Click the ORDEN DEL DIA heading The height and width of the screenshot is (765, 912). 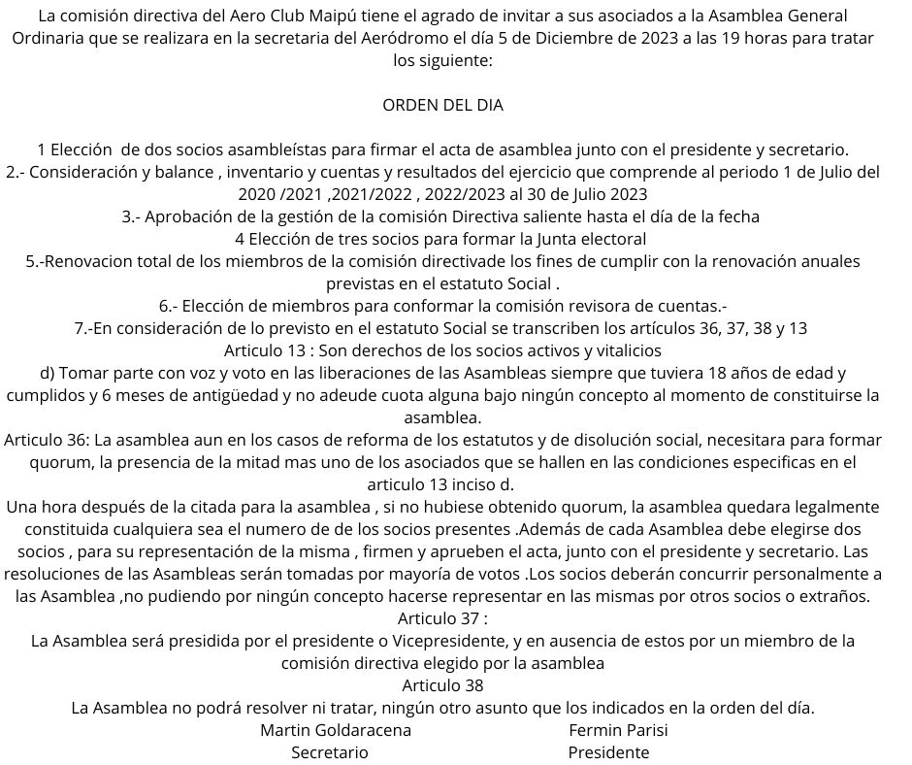[x=443, y=105]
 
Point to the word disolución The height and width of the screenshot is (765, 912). [x=592, y=439]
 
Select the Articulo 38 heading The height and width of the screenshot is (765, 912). [x=442, y=685]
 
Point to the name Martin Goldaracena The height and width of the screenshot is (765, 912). [x=336, y=730]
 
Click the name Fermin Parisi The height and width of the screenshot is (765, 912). [x=619, y=730]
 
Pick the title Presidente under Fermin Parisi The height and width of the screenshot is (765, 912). [x=608, y=752]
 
